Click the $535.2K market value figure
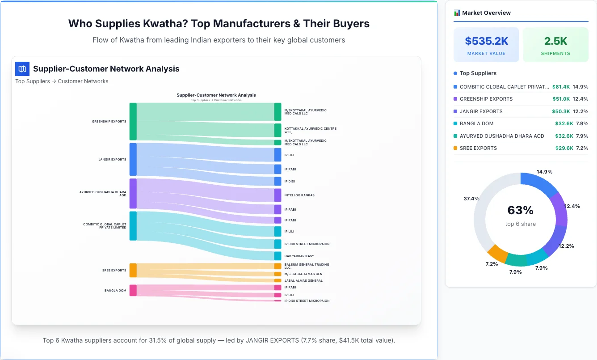pos(486,41)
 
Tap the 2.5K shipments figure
pos(555,41)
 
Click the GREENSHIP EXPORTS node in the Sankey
pos(133,121)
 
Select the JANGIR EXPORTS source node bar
pos(133,159)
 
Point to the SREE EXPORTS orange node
pos(133,270)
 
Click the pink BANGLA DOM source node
pos(133,290)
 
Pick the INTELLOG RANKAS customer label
pos(299,195)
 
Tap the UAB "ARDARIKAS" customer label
pos(298,256)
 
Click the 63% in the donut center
pos(520,210)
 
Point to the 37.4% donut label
pos(471,199)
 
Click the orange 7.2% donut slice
pos(497,253)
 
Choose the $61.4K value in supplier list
pos(561,87)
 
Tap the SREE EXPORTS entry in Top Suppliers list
pos(478,148)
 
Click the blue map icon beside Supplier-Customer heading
pos(22,69)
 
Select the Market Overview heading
pos(486,13)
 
